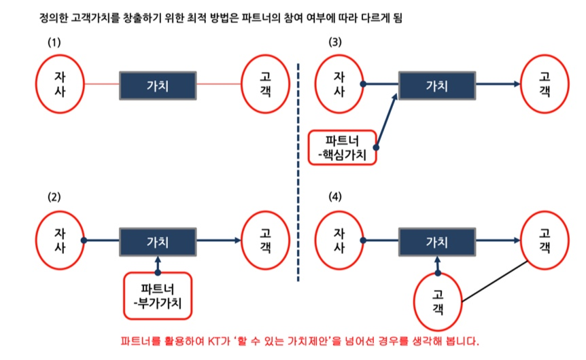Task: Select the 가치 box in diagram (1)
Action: (158, 85)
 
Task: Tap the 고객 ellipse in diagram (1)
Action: (266, 84)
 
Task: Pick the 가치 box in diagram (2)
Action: (158, 240)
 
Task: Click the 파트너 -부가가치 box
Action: (158, 295)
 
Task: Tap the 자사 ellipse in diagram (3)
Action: (339, 84)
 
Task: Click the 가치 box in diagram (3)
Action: (437, 85)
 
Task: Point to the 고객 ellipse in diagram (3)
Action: (545, 84)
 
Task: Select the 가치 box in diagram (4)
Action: (437, 240)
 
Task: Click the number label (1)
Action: (54, 42)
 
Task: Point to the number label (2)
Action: (54, 198)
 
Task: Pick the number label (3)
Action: (335, 42)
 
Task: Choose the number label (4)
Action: (335, 198)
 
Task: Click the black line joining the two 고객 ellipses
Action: (495, 281)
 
